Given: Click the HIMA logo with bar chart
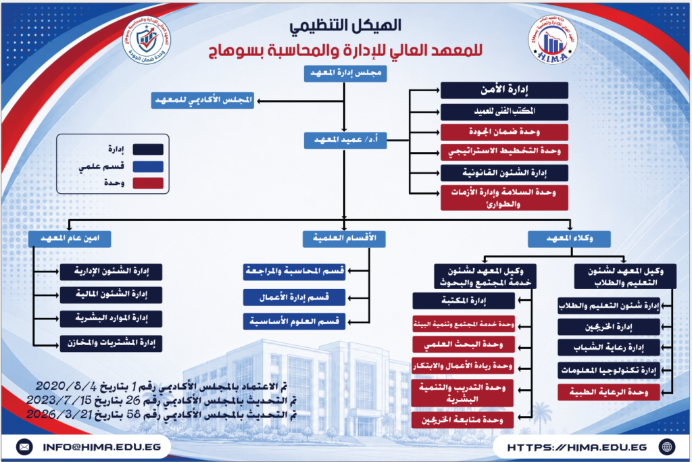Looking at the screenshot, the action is coord(552,40).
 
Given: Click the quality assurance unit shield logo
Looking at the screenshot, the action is coord(147,40).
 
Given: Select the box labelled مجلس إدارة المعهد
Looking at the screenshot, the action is coord(345,73).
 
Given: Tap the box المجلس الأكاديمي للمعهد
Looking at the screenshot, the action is coord(203,101).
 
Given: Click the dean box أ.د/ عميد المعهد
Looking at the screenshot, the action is coord(345,140).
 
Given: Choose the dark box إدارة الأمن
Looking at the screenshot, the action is coord(504,90).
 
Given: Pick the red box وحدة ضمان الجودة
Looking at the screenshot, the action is coord(504,132).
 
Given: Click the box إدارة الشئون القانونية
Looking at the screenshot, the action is coord(504,173).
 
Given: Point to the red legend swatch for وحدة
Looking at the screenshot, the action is coord(148,183).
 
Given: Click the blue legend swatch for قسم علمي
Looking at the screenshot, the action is coord(148,166).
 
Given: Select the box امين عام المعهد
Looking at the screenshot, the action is coord(70,238).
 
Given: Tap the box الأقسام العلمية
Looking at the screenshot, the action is coord(344,238).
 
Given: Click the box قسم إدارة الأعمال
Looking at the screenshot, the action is coord(294,298).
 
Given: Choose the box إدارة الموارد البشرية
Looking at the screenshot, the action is coord(112,319).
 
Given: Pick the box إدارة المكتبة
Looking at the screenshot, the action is coord(464,301).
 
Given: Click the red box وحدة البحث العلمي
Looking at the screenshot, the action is coord(463,344).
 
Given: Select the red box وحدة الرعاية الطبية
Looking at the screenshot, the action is coord(609,392).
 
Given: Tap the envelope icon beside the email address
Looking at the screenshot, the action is coord(24,447).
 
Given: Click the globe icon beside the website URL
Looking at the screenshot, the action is coord(667,447).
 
